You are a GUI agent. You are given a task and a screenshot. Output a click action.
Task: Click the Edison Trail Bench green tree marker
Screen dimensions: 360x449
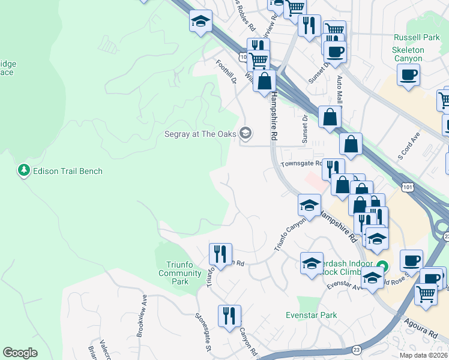24,171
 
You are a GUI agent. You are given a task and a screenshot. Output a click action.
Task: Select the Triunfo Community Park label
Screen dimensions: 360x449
180,273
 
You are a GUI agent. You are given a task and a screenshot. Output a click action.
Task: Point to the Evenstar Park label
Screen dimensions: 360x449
312,315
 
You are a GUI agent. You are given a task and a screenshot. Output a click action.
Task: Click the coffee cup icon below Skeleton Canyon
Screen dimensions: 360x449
408,76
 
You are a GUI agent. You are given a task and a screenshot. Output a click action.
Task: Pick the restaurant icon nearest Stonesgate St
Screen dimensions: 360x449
229,316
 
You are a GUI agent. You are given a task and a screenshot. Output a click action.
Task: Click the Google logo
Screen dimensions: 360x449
20,353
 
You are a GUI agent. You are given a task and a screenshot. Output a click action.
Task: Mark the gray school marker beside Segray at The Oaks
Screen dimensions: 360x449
245,133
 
